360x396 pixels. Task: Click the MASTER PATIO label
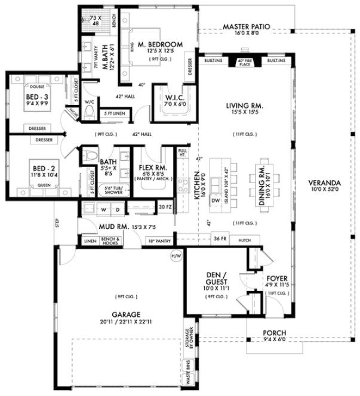click(247, 27)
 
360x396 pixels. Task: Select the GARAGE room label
click(125, 314)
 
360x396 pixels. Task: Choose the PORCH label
click(275, 333)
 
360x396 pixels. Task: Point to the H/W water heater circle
click(176, 256)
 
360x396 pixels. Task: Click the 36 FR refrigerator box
click(220, 240)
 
